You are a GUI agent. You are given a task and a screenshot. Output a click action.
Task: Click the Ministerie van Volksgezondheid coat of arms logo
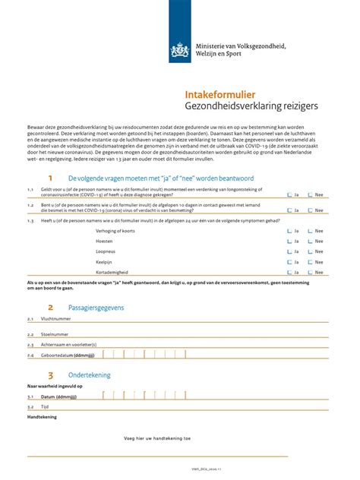(180, 52)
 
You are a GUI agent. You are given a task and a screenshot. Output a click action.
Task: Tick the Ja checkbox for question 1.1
(289, 194)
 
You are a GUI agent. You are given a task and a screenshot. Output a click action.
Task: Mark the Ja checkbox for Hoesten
(289, 240)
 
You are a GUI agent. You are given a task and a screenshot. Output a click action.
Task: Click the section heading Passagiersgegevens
(96, 308)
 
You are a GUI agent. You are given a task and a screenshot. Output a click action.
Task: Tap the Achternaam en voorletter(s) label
(68, 344)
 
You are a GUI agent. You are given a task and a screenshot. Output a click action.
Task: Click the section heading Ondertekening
(89, 375)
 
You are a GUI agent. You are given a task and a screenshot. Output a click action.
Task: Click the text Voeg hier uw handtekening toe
(158, 438)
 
